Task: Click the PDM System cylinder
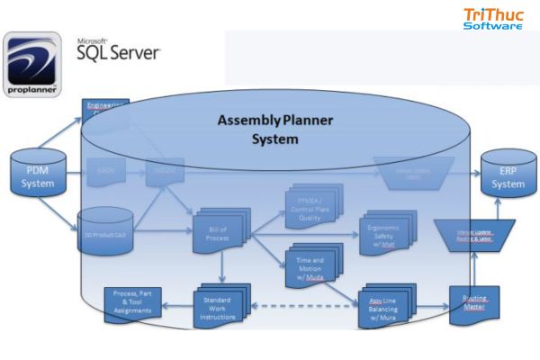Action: tap(37, 175)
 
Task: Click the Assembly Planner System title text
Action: tap(274, 130)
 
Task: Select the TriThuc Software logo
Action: tap(492, 19)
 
